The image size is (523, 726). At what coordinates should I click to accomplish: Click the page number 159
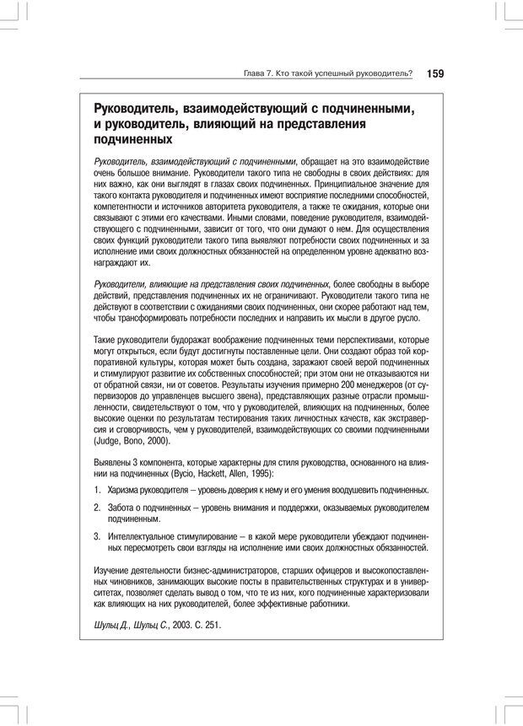(434, 73)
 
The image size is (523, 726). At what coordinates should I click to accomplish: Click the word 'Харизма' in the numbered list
(126, 490)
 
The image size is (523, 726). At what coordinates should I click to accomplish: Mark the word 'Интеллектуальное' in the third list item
(147, 536)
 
